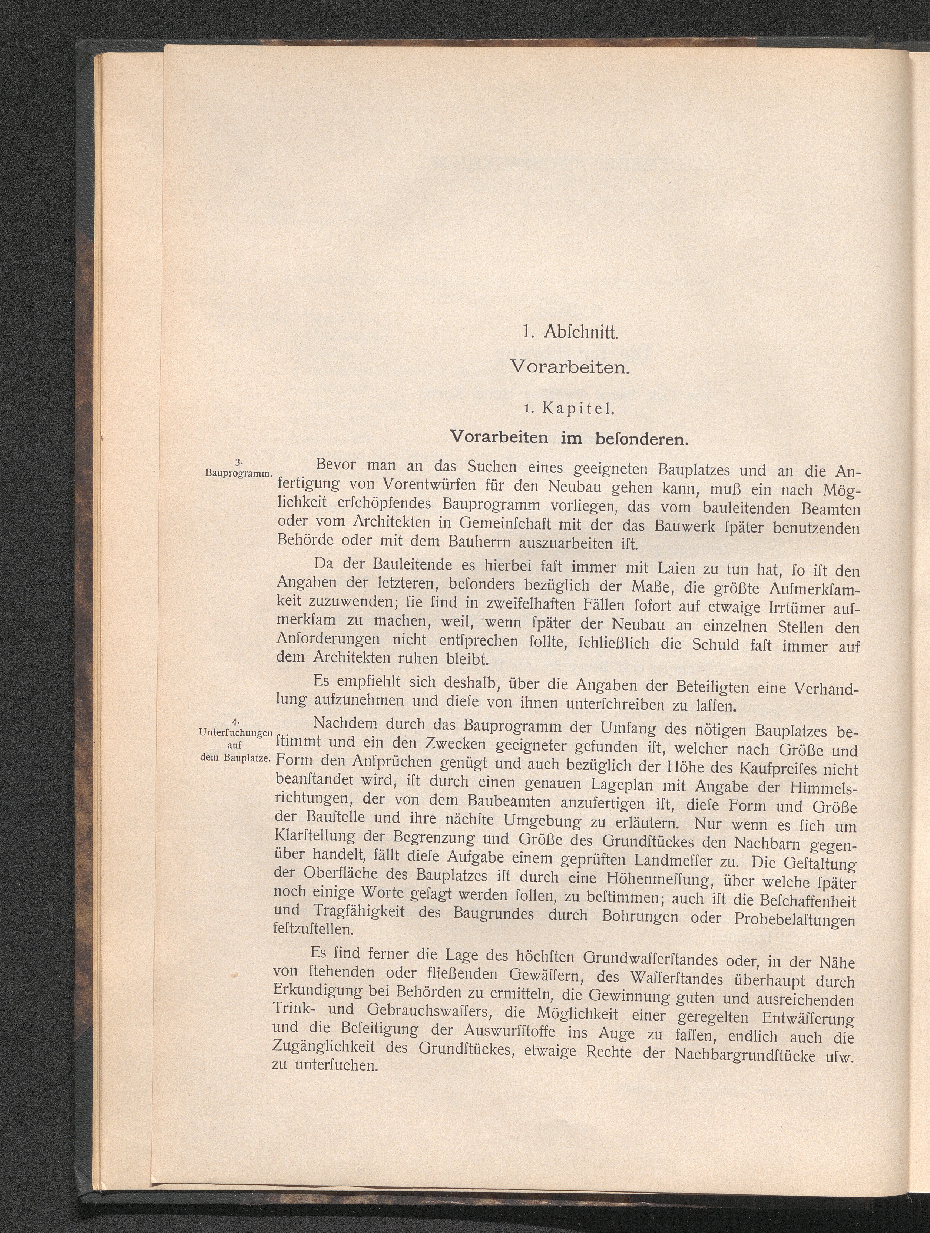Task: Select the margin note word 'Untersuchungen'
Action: tap(235, 732)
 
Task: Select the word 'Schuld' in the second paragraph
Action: tap(711, 646)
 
